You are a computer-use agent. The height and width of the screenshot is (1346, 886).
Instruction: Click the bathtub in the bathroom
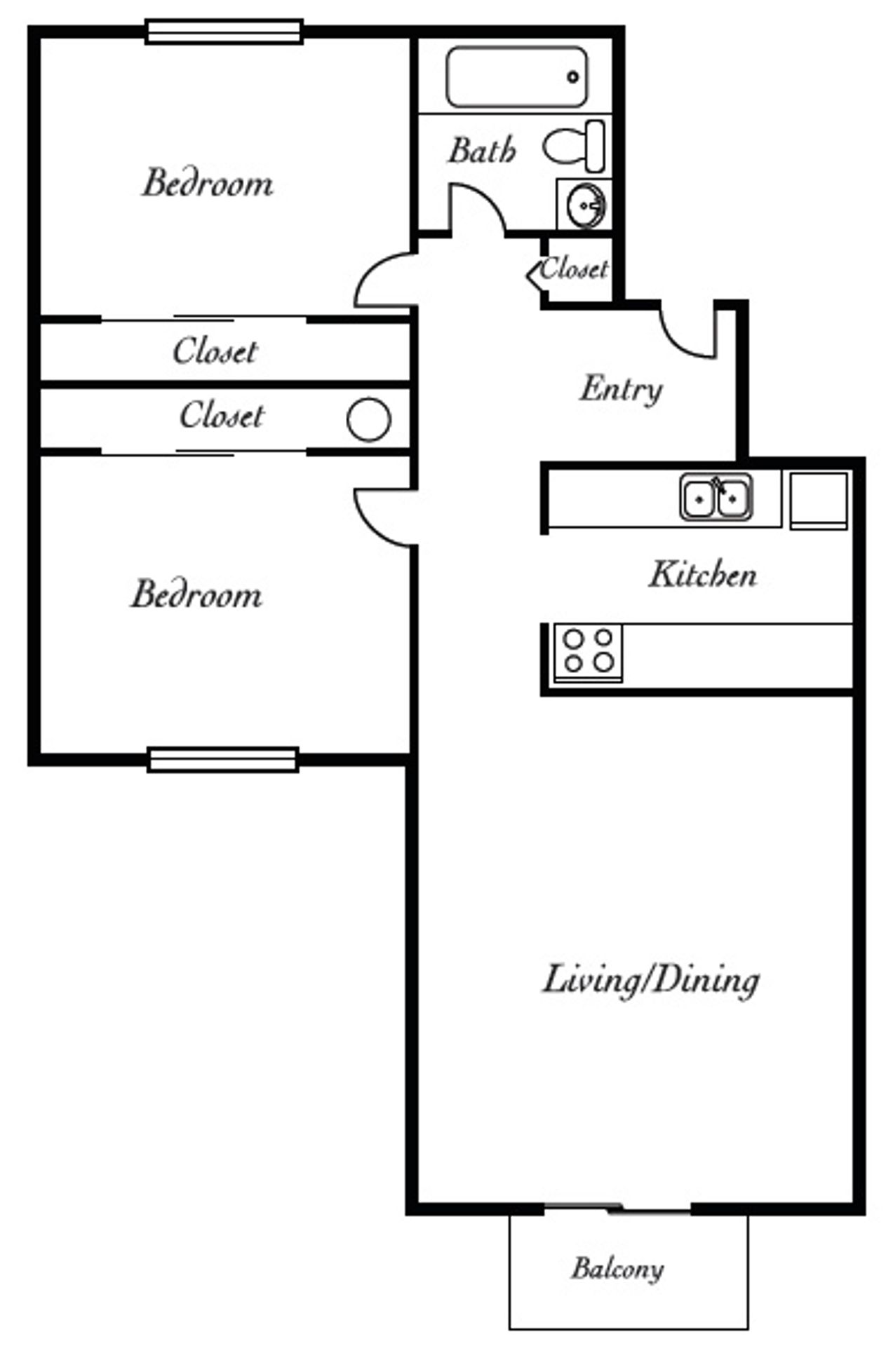[516, 76]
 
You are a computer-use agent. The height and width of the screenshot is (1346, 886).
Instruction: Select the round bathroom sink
[584, 205]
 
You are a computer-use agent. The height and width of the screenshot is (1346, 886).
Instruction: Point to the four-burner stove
[588, 651]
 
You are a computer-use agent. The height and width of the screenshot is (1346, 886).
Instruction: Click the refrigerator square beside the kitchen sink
[818, 499]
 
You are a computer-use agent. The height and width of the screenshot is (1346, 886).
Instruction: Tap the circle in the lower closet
[368, 419]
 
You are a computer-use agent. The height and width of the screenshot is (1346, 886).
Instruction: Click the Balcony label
[617, 1268]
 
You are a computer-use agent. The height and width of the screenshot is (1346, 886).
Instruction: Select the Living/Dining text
[650, 979]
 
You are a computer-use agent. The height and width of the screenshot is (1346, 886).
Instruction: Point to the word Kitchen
[702, 574]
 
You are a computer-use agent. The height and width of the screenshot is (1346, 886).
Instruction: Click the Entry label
[621, 389]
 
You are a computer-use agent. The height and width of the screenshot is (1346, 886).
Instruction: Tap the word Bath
[481, 150]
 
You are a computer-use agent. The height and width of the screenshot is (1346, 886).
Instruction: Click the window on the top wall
[224, 32]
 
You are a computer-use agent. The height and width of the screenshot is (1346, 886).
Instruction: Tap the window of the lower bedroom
[223, 760]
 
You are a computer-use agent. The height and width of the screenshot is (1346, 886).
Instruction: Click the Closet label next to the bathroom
[574, 268]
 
